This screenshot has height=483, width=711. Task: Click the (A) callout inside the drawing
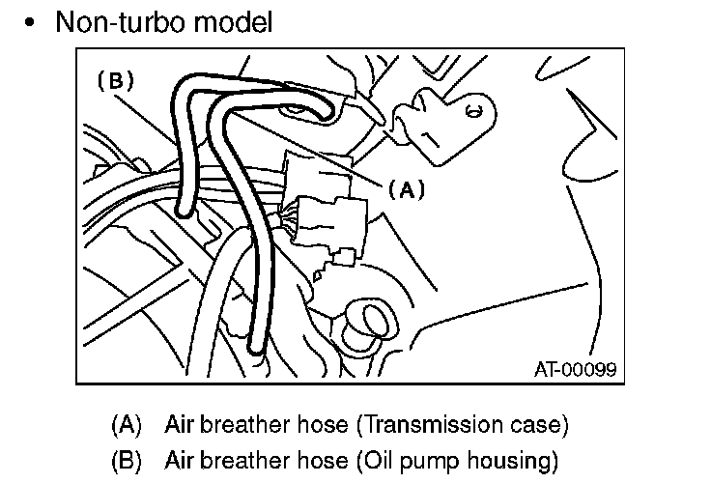pos(406,190)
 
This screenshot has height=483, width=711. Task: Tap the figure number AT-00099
pos(576,369)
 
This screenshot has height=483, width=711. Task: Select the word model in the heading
pos(239,21)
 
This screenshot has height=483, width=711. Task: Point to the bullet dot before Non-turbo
pos(35,22)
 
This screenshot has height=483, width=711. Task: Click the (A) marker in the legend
pos(127,424)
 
